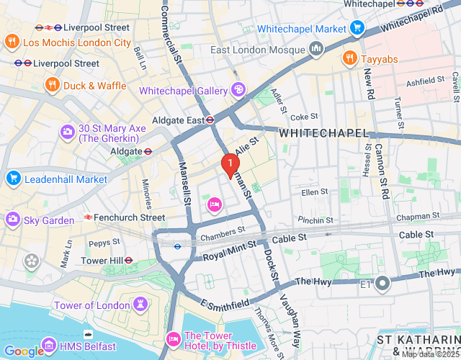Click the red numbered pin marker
[x=230, y=165]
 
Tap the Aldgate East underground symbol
[x=210, y=120]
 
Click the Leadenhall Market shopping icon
[x=12, y=179]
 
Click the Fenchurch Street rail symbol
[x=89, y=217]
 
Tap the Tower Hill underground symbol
[x=128, y=260]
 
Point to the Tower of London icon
[x=140, y=305]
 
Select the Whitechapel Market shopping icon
[x=357, y=28]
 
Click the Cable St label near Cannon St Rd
[x=416, y=235]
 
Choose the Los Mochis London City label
[x=77, y=42]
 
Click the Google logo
[x=24, y=351]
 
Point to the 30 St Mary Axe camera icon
[x=68, y=132]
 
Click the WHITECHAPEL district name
[x=323, y=134]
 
